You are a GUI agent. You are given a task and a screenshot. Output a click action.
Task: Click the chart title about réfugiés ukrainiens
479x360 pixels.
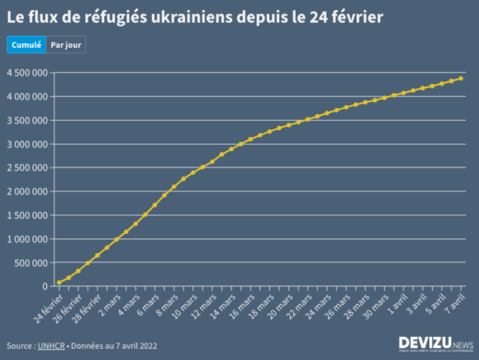tap(195, 17)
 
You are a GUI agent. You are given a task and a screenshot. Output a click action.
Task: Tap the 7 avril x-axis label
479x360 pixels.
tap(455, 300)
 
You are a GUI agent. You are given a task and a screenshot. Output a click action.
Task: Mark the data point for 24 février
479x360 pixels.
tap(59, 283)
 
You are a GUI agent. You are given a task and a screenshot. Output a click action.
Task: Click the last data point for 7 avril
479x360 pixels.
tap(461, 78)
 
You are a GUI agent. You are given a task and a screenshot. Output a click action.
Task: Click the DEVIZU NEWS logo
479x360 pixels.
tap(435, 343)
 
